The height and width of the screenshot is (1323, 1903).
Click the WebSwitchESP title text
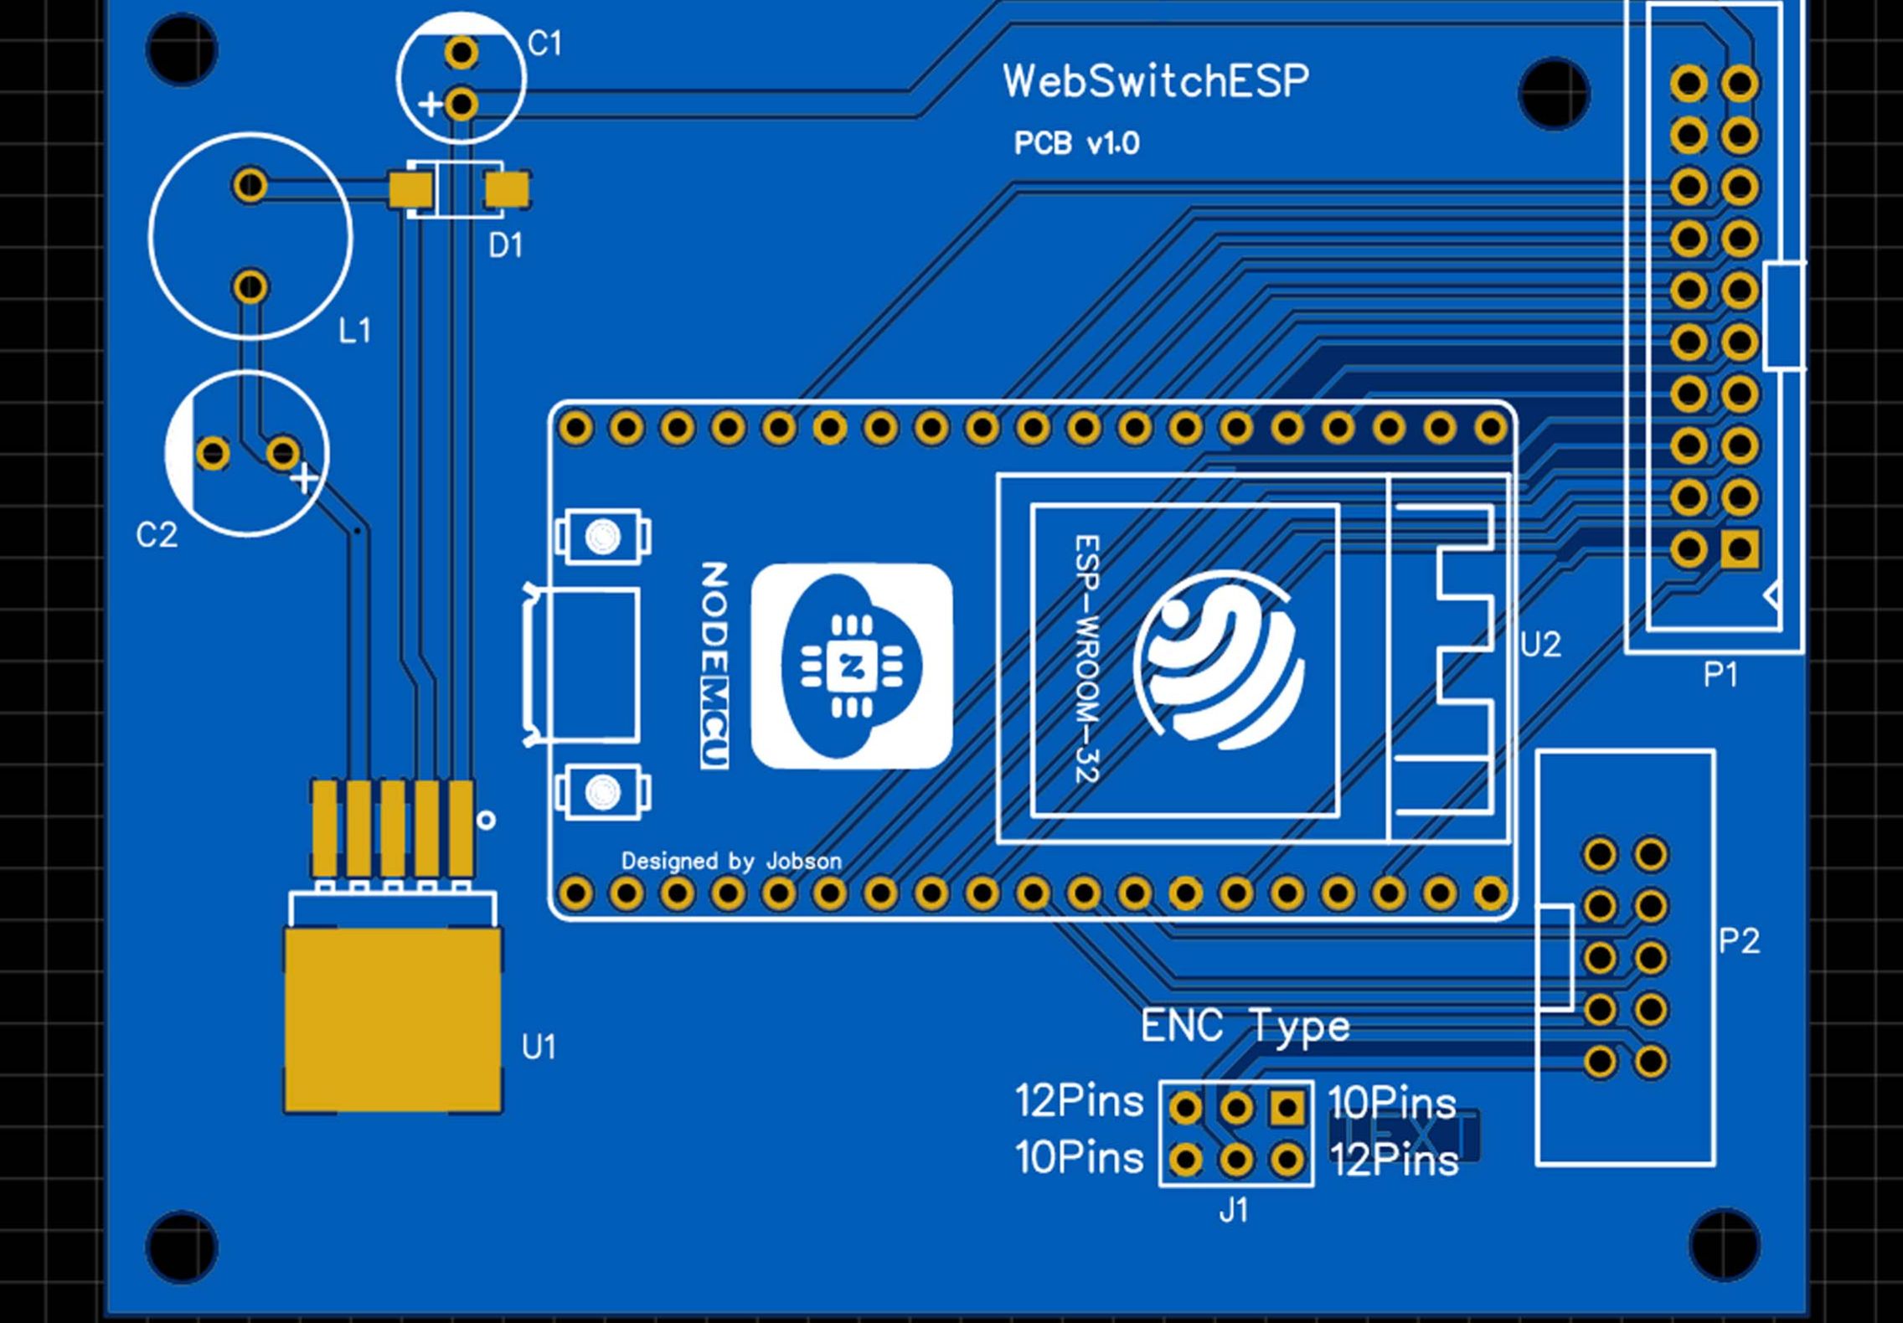coord(1155,82)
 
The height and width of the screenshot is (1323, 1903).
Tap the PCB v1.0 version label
coord(1076,144)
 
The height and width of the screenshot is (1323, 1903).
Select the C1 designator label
coord(544,44)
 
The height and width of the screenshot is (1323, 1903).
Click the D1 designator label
coord(505,245)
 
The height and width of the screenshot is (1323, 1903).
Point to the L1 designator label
coord(354,331)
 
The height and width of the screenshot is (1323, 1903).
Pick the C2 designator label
coord(157,535)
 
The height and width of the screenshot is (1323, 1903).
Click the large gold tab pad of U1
coord(394,1019)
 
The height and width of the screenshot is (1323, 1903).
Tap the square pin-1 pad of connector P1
coord(1740,549)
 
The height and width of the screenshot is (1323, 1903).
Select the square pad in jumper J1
coord(1287,1109)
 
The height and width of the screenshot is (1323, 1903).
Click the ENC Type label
coord(1245,1026)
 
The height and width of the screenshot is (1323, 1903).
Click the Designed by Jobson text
coord(730,861)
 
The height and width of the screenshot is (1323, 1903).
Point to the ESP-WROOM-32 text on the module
coord(1086,659)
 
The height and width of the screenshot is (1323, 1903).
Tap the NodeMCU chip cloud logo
coord(851,666)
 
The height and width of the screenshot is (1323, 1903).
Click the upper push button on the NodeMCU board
coord(602,536)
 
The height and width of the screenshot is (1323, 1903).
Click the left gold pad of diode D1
coord(410,189)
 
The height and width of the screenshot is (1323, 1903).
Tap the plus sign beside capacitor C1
coord(430,105)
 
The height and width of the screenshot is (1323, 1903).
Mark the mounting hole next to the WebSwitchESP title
coord(1554,94)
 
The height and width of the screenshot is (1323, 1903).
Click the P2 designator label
coord(1739,941)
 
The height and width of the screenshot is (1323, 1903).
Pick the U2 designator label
coord(1540,645)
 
